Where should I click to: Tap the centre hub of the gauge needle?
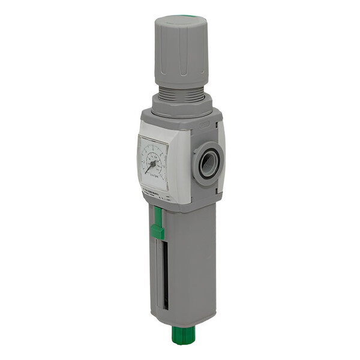click(x=153, y=162)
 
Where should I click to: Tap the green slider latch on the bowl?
click(x=157, y=231)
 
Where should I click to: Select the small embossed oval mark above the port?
click(x=204, y=125)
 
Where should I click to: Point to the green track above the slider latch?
click(x=157, y=215)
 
